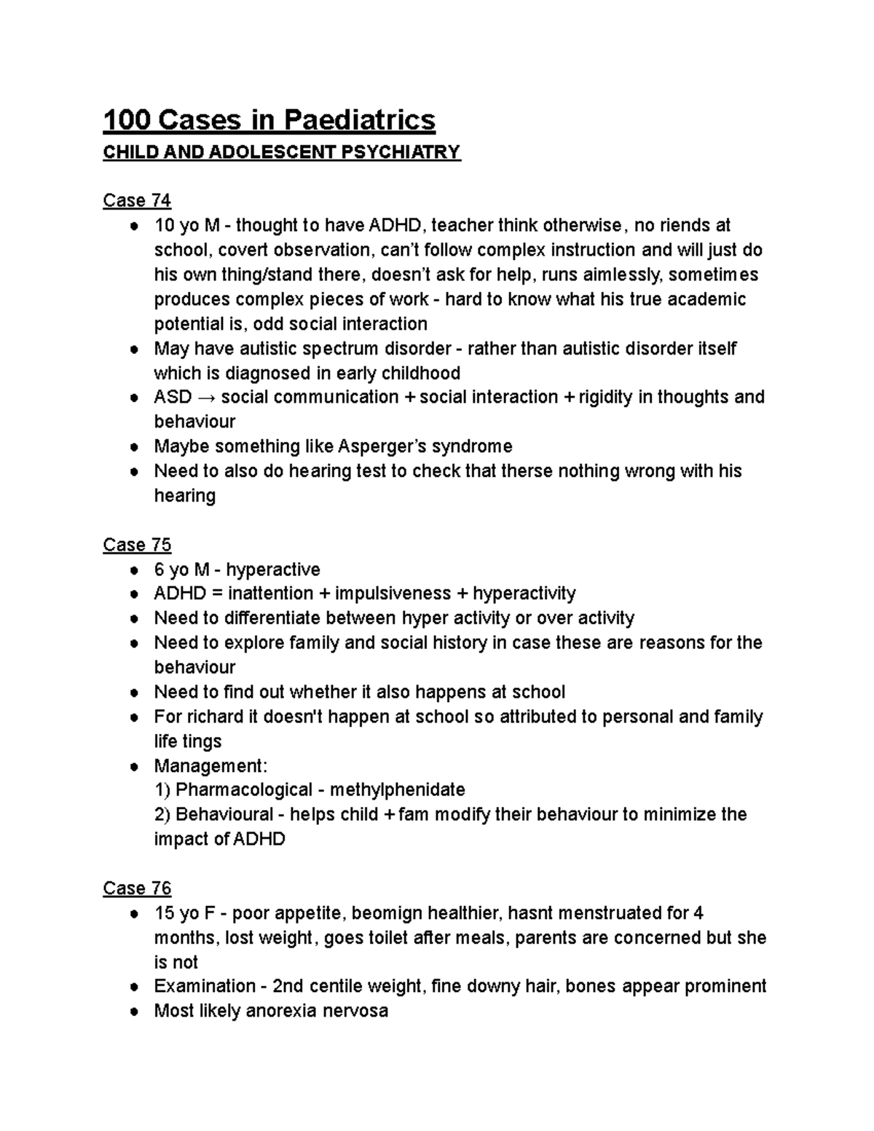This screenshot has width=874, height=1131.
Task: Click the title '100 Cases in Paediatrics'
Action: [x=269, y=120]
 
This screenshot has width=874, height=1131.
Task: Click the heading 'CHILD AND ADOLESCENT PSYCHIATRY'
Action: [x=282, y=152]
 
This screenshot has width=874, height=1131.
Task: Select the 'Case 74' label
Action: [x=137, y=200]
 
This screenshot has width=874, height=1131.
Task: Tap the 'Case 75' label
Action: [x=137, y=545]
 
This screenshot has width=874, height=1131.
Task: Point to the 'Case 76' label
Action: [x=137, y=888]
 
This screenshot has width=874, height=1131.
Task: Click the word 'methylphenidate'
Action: [x=397, y=789]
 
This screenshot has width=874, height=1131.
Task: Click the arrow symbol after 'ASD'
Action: [x=206, y=398]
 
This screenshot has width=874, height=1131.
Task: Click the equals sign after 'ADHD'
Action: [x=201, y=594]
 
